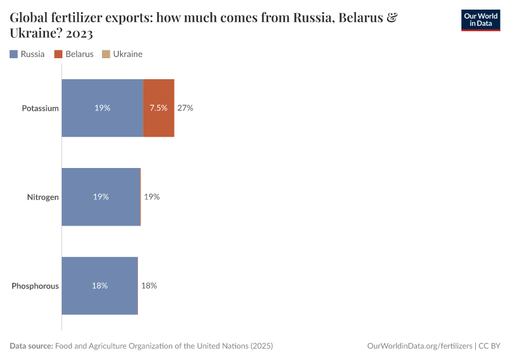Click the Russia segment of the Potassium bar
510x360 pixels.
pos(102,108)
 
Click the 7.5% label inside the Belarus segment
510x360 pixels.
pos(158,108)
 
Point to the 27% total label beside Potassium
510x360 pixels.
pos(185,108)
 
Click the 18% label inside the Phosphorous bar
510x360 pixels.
pos(100,286)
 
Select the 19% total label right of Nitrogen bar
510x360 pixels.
pos(151,197)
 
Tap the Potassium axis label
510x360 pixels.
pos(40,109)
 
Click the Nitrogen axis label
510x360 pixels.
pos(43,197)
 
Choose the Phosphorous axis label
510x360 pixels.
pos(35,286)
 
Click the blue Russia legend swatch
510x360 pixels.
pos(14,54)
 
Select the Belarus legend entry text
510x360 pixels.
pos(79,54)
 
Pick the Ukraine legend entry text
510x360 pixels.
pos(127,54)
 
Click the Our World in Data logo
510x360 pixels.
pos(480,20)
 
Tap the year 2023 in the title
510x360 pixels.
pos(76,34)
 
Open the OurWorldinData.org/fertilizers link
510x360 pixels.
pos(419,346)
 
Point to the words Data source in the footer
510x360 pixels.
pos(31,346)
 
